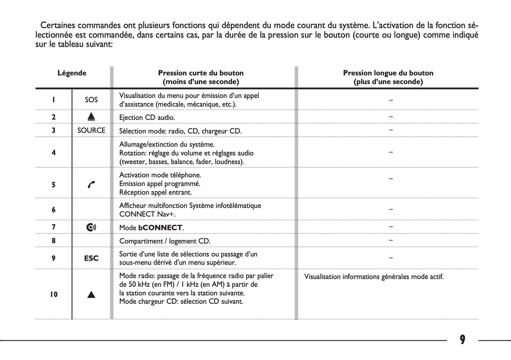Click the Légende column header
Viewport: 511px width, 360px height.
click(x=72, y=73)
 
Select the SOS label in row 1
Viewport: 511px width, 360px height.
click(x=91, y=100)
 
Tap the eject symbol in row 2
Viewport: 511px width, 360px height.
click(x=91, y=117)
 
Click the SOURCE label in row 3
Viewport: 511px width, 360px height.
click(x=91, y=130)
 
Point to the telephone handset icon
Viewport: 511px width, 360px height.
click(x=91, y=185)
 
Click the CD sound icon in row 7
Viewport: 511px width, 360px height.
click(x=91, y=227)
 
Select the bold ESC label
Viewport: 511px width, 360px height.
click(x=91, y=259)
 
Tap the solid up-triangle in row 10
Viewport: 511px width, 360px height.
click(x=91, y=295)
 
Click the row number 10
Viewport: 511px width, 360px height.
click(x=53, y=295)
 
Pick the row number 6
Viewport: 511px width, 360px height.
click(x=53, y=210)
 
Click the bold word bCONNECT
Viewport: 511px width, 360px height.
click(x=160, y=228)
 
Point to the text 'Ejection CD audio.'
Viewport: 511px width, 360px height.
click(x=147, y=117)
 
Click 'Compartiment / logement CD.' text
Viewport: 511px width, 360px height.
click(x=165, y=241)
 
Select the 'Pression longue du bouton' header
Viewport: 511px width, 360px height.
click(x=388, y=73)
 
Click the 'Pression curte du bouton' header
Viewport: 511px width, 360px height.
click(x=201, y=73)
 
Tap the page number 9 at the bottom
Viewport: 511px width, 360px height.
click(x=463, y=340)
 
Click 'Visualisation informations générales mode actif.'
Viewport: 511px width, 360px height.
click(x=374, y=277)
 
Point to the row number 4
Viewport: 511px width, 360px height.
click(x=53, y=153)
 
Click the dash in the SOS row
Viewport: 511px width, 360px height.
click(x=391, y=100)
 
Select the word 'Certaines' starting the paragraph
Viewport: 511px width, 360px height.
click(x=58, y=25)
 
